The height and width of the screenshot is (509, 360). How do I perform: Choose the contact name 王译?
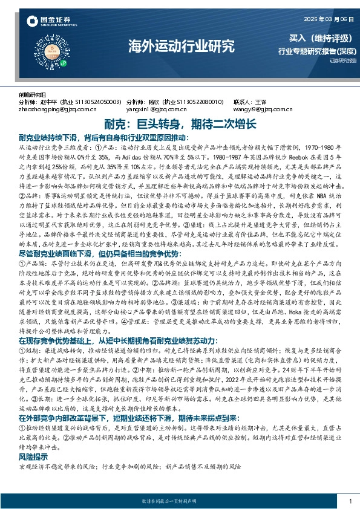tap(261, 102)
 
